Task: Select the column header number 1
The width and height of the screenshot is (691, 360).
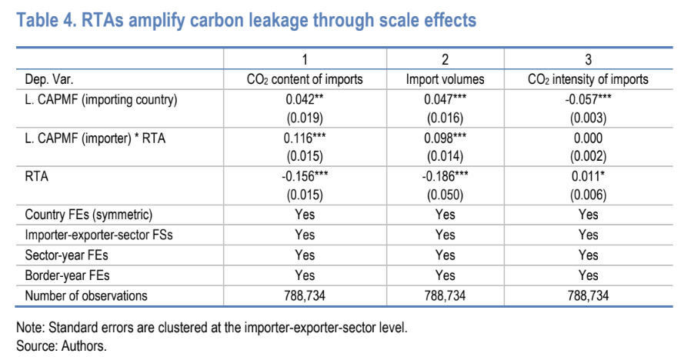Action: tap(304, 60)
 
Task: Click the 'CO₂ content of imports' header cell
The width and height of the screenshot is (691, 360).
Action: tap(304, 79)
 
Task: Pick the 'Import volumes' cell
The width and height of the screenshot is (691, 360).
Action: tap(446, 79)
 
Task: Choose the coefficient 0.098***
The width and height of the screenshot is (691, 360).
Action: tap(446, 138)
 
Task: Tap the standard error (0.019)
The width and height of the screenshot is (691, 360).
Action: tap(305, 118)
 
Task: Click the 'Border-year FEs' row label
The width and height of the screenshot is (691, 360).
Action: tap(65, 275)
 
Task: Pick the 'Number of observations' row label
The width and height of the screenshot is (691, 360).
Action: tap(85, 295)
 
